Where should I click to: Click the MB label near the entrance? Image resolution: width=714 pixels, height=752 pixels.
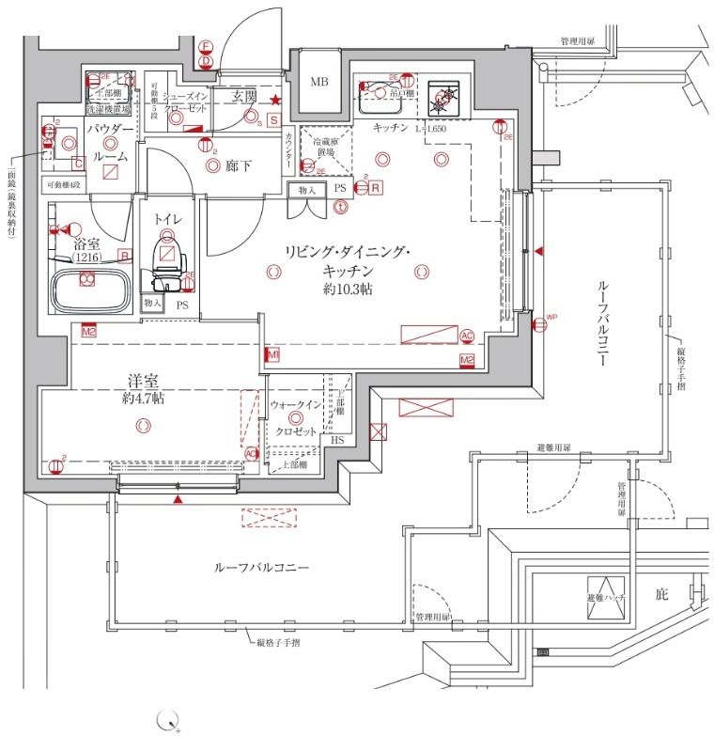coord(319,82)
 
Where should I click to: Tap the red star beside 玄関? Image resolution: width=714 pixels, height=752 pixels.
coord(274,100)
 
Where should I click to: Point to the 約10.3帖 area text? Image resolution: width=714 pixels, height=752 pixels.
coord(348,290)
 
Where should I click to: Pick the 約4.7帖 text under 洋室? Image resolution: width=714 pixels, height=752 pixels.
coord(143,399)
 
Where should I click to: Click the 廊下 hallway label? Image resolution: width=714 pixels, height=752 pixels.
coord(238,166)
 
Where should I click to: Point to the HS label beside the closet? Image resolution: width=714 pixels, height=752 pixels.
coord(337,441)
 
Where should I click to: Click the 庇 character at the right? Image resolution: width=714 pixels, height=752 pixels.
coord(660,594)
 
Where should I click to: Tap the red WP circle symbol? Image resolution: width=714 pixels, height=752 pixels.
coord(539,325)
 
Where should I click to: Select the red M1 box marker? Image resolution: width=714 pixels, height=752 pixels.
coord(272,354)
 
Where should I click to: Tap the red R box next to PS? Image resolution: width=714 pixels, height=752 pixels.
coord(376,188)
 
